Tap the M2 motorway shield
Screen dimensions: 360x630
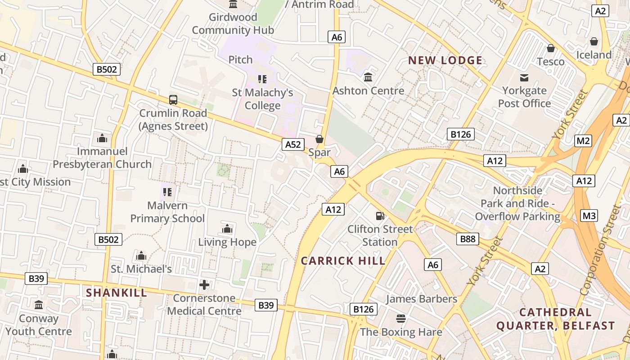point(583,141)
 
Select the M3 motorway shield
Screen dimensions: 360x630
point(589,216)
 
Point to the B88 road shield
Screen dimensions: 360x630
point(468,239)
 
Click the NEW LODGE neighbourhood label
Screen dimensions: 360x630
point(445,60)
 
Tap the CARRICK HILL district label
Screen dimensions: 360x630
point(343,261)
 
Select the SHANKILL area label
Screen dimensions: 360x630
point(117,292)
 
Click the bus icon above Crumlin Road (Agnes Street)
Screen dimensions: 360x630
point(173,100)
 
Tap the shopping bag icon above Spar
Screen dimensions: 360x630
point(319,139)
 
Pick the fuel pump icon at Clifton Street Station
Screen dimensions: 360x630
point(380,216)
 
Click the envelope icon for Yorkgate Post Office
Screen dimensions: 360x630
point(524,78)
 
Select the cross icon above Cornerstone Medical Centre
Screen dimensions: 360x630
point(204,285)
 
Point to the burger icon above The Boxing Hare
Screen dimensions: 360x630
point(401,319)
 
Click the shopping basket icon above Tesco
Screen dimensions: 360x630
point(550,48)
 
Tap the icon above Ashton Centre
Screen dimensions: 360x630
point(368,77)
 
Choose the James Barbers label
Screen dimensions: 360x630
point(421,299)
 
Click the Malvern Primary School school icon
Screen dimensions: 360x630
point(167,192)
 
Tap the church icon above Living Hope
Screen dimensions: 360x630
point(227,229)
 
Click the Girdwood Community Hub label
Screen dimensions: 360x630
point(233,24)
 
